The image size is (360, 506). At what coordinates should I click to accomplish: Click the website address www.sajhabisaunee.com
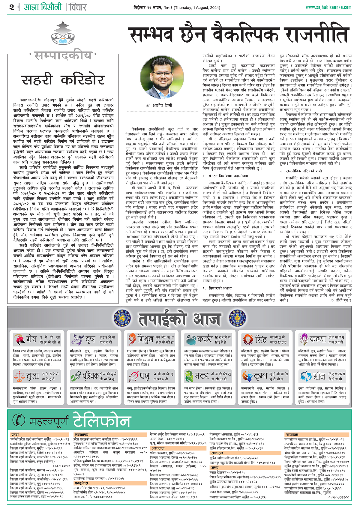pyautogui.click(x=328, y=7)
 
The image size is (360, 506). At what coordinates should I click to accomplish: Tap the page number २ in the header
pyautogui.click(x=12, y=7)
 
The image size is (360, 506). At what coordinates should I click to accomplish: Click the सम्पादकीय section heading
pyautogui.click(x=63, y=55)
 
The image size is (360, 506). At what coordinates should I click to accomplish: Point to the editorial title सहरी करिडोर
pyautogui.click(x=63, y=80)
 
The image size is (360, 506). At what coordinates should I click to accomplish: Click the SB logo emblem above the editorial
pyautogui.click(x=63, y=34)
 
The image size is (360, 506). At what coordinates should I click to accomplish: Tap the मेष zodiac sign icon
pyautogui.click(x=19, y=339)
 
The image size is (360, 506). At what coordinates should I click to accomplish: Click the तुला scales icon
pyautogui.click(x=19, y=376)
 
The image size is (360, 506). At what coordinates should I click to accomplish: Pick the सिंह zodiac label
pyautogui.click(x=261, y=339)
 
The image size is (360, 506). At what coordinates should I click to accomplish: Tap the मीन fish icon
pyautogui.click(x=306, y=376)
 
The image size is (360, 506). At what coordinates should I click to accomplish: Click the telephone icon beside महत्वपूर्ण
pyautogui.click(x=19, y=420)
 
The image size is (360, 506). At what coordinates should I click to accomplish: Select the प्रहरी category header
pyautogui.click(x=15, y=434)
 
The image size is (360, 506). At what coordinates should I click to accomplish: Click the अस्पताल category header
pyautogui.click(x=158, y=448)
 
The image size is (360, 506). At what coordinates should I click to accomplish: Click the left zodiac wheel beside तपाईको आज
pyautogui.click(x=122, y=319)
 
